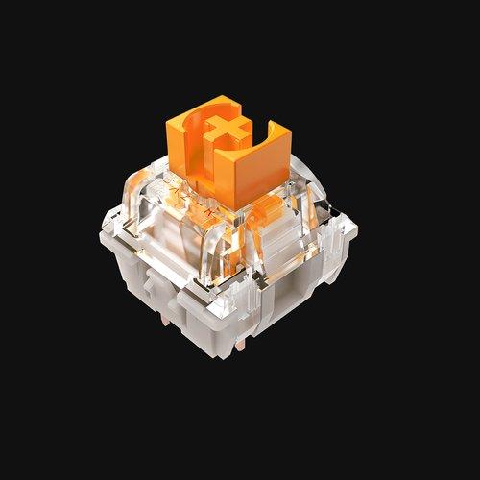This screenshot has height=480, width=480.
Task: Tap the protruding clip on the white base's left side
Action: click(155, 284)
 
